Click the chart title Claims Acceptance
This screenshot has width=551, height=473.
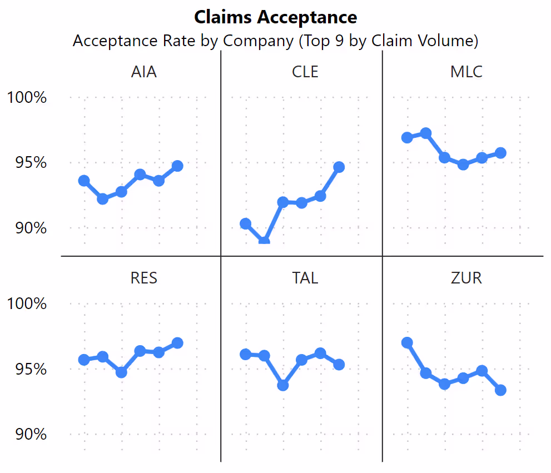[275, 17]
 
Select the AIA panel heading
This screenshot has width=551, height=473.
[144, 72]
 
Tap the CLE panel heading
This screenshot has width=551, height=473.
[305, 72]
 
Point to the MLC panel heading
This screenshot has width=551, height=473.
[466, 72]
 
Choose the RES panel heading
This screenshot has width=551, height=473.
[144, 278]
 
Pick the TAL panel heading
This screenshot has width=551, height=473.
[305, 278]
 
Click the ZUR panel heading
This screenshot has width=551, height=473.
[466, 278]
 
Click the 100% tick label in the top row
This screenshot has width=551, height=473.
[27, 98]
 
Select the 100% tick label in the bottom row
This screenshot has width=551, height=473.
[27, 304]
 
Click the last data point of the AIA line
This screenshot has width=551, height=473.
[177, 166]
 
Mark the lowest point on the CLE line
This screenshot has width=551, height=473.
[264, 242]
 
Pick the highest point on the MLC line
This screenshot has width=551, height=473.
[426, 133]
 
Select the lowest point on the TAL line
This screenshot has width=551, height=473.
[283, 385]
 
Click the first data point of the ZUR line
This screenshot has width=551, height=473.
[407, 343]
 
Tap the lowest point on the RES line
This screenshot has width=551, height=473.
[121, 372]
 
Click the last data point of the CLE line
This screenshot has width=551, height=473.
[339, 167]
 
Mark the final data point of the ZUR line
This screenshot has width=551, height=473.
[500, 390]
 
